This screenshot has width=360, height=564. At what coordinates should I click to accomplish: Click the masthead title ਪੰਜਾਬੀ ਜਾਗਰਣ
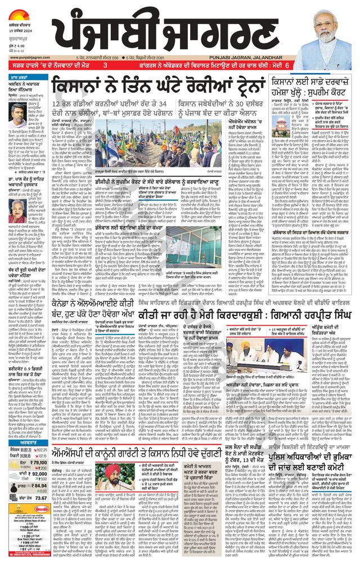coord(186,31)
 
